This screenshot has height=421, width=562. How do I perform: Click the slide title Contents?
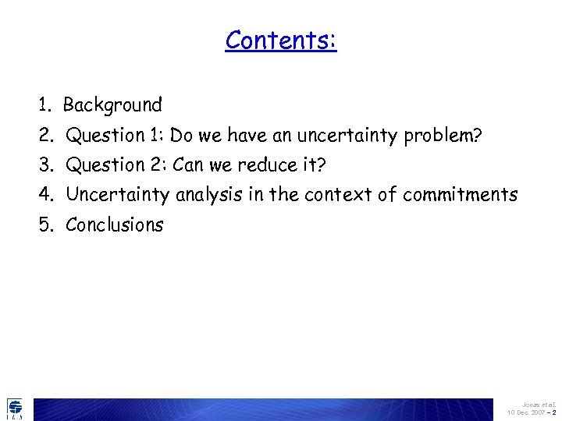click(281, 40)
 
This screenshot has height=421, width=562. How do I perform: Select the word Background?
click(112, 105)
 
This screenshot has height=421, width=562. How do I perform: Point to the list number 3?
click(44, 165)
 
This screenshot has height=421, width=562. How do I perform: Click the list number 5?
click(44, 225)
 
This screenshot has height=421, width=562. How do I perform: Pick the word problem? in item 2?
click(443, 136)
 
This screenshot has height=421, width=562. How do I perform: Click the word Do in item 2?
click(181, 136)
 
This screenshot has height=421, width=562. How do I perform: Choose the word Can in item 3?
click(188, 165)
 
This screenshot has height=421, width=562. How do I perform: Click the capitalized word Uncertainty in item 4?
click(117, 195)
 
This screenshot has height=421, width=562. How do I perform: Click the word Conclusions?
click(115, 225)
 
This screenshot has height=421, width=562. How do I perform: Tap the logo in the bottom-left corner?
click(15, 408)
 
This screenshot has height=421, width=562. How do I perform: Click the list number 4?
click(44, 195)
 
